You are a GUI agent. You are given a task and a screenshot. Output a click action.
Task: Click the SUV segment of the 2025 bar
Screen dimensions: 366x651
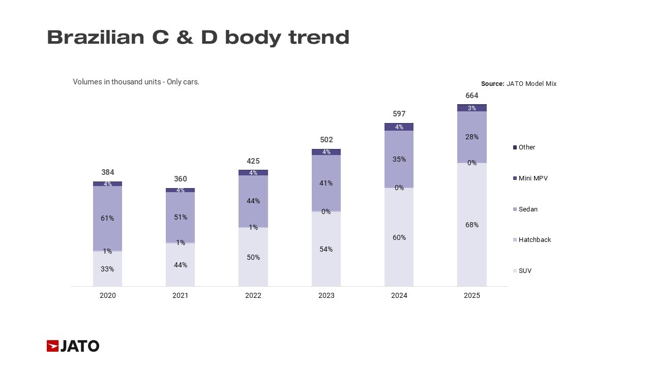tap(472, 244)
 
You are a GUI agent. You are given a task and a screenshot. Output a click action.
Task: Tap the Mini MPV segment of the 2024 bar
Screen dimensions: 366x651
tap(399, 127)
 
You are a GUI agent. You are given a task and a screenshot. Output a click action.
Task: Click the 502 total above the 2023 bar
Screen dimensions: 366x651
tap(326, 140)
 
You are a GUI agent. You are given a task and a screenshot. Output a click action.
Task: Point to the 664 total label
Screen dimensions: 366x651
tap(472, 96)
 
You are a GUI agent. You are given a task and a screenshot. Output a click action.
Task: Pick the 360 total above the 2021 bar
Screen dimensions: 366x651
tap(181, 179)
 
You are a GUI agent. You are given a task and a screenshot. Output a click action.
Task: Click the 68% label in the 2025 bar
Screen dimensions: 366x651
tap(472, 225)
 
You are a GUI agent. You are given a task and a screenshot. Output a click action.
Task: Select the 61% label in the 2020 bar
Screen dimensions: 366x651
tap(107, 218)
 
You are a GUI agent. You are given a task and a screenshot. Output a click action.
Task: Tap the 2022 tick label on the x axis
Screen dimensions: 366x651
tap(253, 295)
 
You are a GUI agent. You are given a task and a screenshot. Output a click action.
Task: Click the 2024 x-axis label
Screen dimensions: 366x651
tap(399, 295)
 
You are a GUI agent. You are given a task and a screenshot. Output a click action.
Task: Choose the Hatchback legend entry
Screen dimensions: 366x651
tap(535, 240)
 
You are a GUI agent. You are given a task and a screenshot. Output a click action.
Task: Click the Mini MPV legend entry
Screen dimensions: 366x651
tap(533, 178)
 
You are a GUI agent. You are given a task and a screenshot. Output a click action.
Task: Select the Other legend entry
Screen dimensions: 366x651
tap(527, 147)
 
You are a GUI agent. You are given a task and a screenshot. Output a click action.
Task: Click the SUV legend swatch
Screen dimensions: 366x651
tap(515, 271)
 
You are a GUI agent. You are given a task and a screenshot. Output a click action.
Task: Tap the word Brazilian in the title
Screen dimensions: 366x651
tap(96, 38)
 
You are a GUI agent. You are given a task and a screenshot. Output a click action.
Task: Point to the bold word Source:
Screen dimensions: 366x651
tap(492, 84)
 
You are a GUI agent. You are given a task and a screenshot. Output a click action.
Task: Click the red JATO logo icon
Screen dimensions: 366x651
tap(53, 346)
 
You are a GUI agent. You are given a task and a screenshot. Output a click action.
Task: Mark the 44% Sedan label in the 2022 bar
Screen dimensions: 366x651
tap(253, 201)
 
